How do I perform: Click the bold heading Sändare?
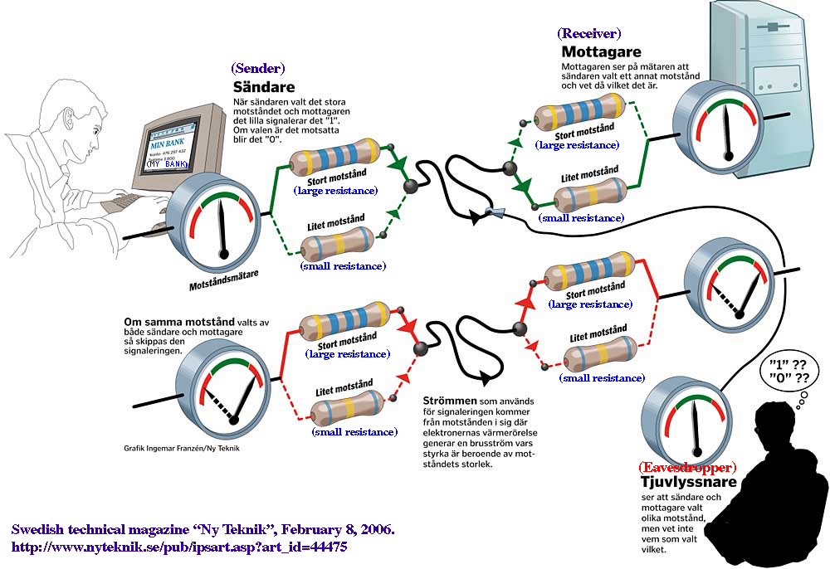tap(263, 87)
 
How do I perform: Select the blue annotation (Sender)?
tap(258, 68)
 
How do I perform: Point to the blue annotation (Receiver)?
tap(589, 33)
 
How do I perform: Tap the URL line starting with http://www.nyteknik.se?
tap(178, 547)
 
